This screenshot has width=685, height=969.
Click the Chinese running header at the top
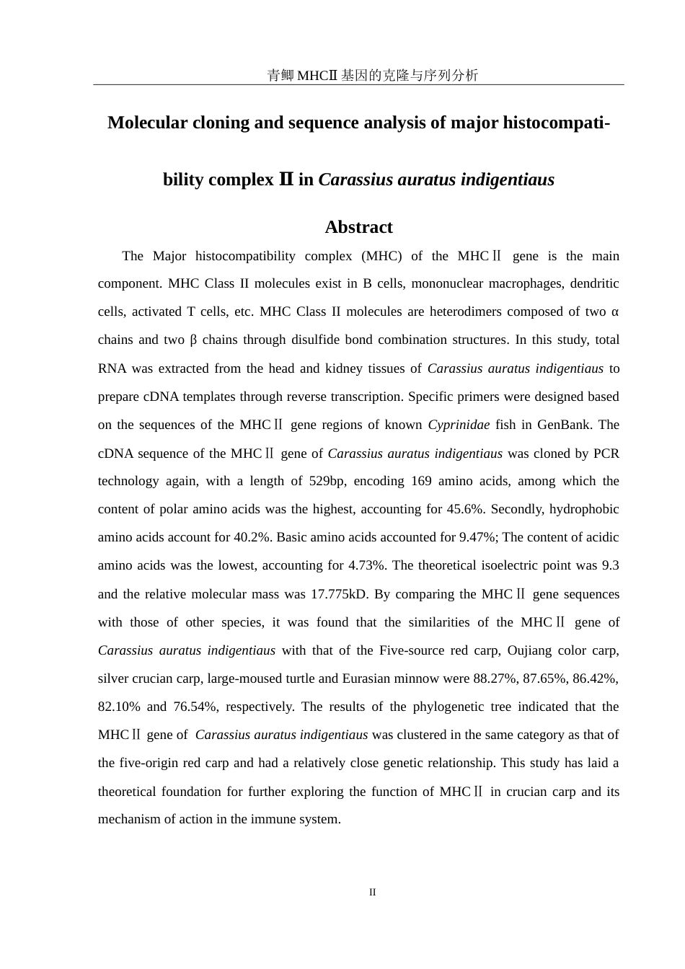(x=372, y=75)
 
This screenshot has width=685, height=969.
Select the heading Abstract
(x=358, y=227)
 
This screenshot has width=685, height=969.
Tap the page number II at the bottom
(x=372, y=892)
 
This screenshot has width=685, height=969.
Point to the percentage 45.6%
(x=468, y=509)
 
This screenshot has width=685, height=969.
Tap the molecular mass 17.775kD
(x=339, y=594)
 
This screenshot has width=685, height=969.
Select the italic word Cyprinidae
(x=459, y=425)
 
